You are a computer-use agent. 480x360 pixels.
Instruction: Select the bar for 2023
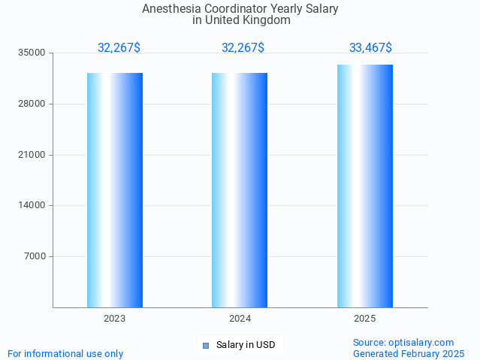[x=115, y=190]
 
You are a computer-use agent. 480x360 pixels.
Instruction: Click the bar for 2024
[x=240, y=190]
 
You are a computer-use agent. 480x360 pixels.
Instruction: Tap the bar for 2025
[x=365, y=186]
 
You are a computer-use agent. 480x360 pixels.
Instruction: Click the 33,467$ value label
[x=370, y=48]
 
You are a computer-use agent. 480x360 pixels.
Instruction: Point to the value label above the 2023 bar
[x=119, y=48]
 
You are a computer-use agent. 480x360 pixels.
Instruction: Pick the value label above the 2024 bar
[x=243, y=48]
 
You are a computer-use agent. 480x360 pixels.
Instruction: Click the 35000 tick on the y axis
[x=33, y=53]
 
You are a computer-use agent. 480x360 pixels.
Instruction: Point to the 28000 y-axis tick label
[x=33, y=104]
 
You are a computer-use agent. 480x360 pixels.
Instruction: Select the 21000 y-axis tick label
[x=33, y=155]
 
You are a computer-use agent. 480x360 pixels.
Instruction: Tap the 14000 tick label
[x=33, y=205]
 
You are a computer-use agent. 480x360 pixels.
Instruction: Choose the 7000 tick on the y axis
[x=35, y=256]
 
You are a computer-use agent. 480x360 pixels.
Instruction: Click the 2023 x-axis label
[x=115, y=319]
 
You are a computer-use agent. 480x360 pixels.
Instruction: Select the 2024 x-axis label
[x=240, y=319]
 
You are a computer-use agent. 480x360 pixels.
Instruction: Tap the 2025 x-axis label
[x=365, y=319]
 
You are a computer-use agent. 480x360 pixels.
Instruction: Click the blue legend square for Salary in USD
[x=206, y=346]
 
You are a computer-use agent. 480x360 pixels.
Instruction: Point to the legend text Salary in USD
[x=246, y=345]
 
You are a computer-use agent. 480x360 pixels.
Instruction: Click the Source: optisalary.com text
[x=403, y=343]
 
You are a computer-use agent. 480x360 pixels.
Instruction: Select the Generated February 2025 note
[x=409, y=354]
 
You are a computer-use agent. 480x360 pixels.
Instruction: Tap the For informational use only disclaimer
[x=65, y=354]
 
